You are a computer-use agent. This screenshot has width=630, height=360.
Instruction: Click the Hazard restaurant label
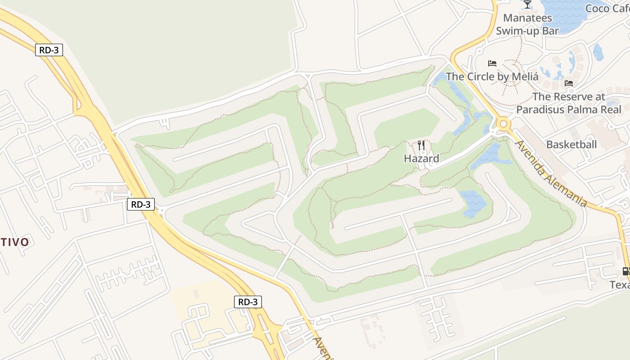tap(421, 158)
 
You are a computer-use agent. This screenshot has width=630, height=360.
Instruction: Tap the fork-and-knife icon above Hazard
tap(421, 145)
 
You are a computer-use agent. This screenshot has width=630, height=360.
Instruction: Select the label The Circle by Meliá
tap(492, 76)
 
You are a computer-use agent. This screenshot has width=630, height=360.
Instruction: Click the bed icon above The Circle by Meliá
tap(492, 63)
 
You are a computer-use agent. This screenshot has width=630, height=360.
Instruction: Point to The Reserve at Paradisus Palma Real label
tap(568, 103)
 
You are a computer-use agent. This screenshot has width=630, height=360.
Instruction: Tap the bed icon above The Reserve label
tap(569, 83)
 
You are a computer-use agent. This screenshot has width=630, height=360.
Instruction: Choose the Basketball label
tap(571, 144)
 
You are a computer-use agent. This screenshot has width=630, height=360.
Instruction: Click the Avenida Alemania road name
tap(551, 173)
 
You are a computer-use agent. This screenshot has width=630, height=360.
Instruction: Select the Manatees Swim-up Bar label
tap(527, 24)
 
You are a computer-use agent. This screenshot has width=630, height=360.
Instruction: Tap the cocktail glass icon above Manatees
tap(527, 5)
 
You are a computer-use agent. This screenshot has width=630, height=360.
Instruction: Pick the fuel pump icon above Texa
tap(625, 271)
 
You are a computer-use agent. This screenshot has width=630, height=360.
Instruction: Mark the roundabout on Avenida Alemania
tap(503, 123)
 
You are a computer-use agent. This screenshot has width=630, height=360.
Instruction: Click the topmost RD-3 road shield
tap(49, 50)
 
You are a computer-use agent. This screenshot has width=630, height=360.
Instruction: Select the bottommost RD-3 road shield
tap(247, 301)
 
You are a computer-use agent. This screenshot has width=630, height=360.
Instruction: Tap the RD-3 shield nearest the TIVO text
tap(141, 204)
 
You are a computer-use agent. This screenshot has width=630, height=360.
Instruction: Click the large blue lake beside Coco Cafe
tap(562, 13)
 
